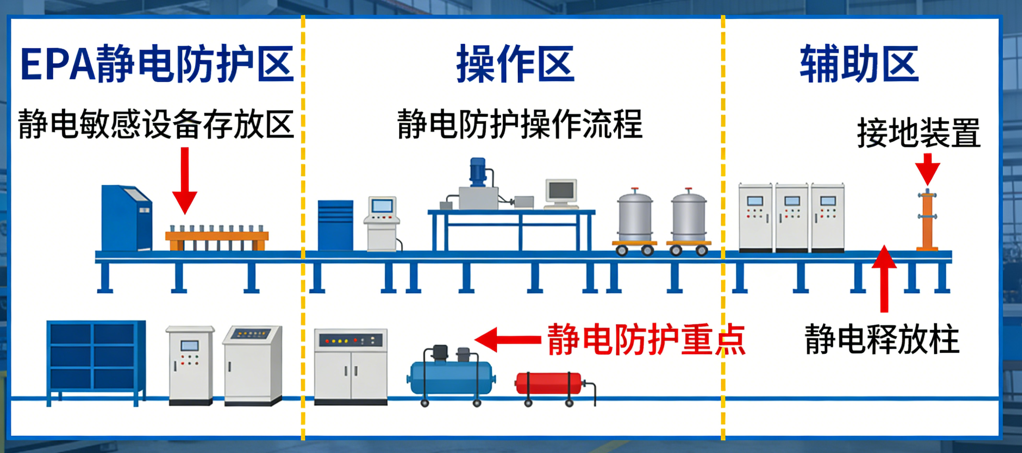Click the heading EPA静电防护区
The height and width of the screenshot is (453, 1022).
pos(157,64)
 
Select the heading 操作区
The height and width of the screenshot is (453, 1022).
pos(515,64)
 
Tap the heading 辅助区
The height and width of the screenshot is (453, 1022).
pos(859,64)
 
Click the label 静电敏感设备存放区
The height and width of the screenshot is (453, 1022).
pos(156,124)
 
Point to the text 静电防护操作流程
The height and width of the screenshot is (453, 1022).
pos(520,124)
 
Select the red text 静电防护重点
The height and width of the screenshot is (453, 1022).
pos(646,339)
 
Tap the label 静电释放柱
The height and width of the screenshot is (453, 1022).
pos(882,339)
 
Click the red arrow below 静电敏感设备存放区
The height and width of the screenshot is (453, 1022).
pos(185,180)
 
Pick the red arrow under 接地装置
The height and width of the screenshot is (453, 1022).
pos(927,169)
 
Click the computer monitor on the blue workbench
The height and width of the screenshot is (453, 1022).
pos(561,193)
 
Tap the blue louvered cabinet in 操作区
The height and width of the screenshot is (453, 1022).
pos(335,225)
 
